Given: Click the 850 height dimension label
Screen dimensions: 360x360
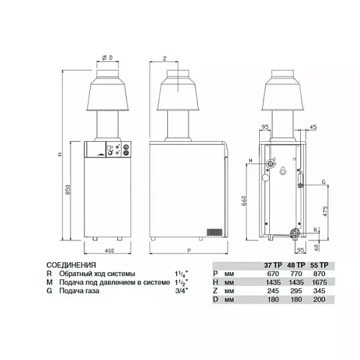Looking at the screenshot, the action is tap(68, 189).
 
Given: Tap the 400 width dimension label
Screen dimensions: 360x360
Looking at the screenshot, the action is tap(109, 251).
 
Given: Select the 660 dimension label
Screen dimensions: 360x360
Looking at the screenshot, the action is tap(244, 201).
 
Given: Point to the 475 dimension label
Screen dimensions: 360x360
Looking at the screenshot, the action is tap(325, 211).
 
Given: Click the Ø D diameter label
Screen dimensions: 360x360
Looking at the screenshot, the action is tap(107, 58).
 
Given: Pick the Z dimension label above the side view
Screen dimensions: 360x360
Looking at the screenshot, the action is tap(165, 58).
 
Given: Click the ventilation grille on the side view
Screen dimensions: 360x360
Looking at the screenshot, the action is tap(215, 232).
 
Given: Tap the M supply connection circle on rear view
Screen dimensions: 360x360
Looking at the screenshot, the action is tap(271, 164).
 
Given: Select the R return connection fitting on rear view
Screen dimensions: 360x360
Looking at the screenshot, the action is tap(295, 234).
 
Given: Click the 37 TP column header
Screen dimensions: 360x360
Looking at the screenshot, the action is tap(273, 265).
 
